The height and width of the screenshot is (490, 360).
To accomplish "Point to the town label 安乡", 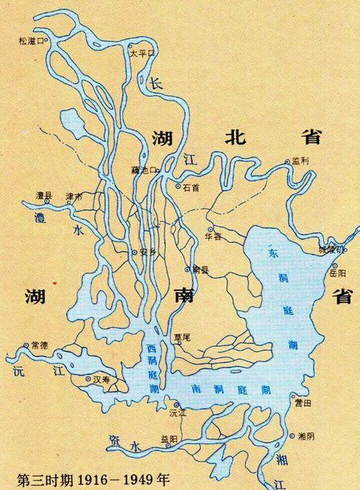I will [148, 253].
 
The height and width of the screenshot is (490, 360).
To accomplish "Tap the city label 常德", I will [39, 345].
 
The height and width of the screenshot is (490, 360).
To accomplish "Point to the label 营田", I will [302, 404].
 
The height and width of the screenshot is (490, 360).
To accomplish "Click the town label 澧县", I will [45, 195].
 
